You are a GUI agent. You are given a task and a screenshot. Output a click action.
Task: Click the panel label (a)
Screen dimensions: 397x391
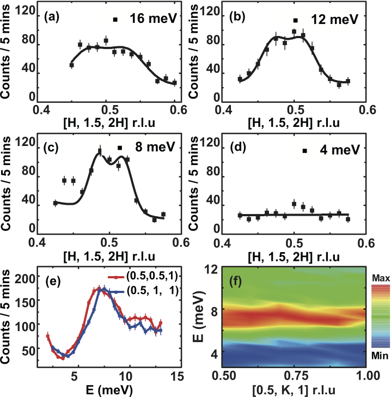(x=53, y=17)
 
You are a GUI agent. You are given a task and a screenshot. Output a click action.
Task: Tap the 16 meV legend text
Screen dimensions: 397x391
(x=152, y=19)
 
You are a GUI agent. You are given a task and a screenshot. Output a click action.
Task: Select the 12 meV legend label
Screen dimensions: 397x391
(x=334, y=20)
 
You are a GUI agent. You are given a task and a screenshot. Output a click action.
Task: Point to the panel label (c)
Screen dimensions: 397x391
(x=53, y=145)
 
